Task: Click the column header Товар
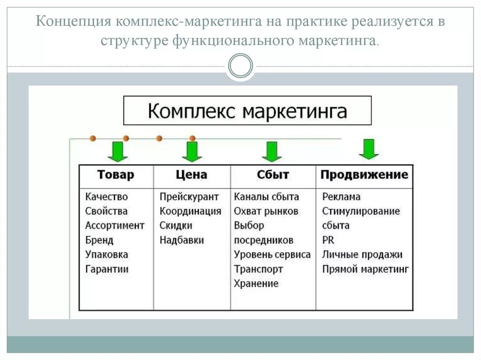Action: pyautogui.click(x=116, y=175)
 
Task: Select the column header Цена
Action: pyautogui.click(x=191, y=175)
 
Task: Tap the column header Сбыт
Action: pyautogui.click(x=273, y=175)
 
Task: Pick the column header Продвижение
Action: pyautogui.click(x=364, y=175)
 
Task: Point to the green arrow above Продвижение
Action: pyautogui.click(x=369, y=149)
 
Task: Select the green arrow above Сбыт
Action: pyautogui.click(x=272, y=152)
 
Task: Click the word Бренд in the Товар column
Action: pyautogui.click(x=99, y=240)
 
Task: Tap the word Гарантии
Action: pyautogui.click(x=107, y=269)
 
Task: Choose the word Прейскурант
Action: pyautogui.click(x=189, y=197)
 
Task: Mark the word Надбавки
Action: pyautogui.click(x=181, y=240)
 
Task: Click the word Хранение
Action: pyautogui.click(x=256, y=284)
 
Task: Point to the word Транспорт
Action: pyautogui.click(x=258, y=269)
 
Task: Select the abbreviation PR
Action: pyautogui.click(x=328, y=240)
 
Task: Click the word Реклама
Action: pyautogui.click(x=341, y=197)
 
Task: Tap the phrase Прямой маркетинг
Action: pyautogui.click(x=365, y=269)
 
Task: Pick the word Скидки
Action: pyautogui.click(x=176, y=226)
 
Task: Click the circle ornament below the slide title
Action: pyautogui.click(x=240, y=65)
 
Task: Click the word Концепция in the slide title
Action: pyautogui.click(x=73, y=22)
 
